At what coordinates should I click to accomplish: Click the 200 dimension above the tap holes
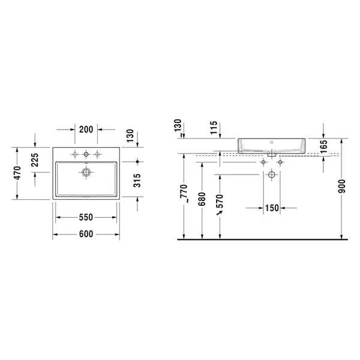tap(86, 130)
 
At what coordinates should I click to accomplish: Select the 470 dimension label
tap(17, 173)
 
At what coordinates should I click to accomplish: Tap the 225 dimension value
tap(35, 160)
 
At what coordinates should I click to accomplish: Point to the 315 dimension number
tap(137, 181)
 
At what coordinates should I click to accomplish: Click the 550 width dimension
tap(86, 217)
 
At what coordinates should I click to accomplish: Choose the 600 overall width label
tap(86, 234)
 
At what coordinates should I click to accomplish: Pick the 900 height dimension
tap(342, 186)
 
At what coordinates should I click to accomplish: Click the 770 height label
tap(184, 193)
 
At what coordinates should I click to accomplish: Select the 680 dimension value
tap(202, 199)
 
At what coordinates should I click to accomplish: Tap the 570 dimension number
tap(220, 201)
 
